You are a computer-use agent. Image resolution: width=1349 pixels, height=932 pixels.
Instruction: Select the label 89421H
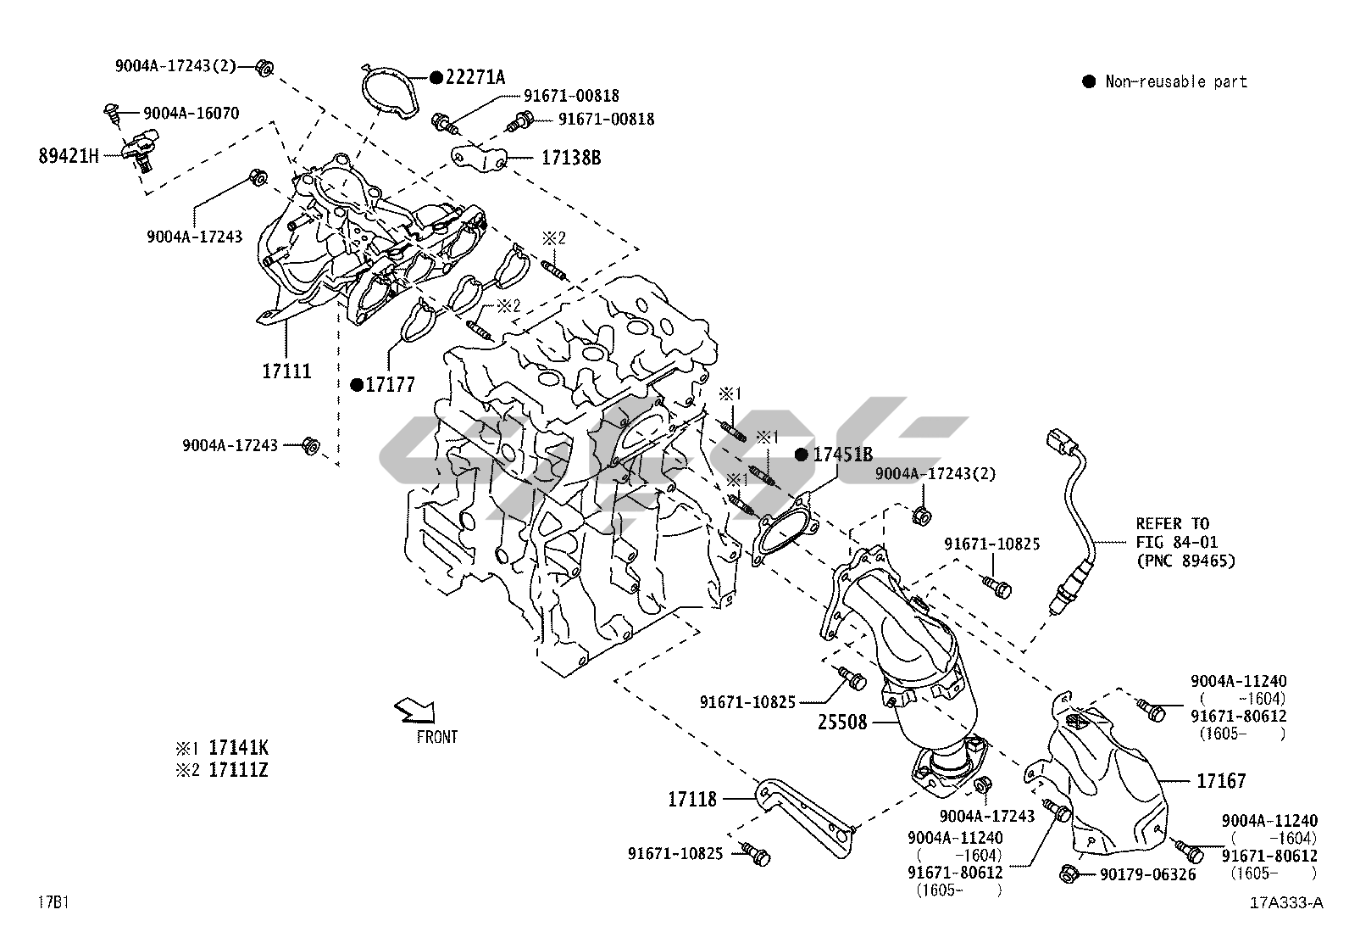point(69,156)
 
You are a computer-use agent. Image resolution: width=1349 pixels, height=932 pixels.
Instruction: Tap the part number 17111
point(286,371)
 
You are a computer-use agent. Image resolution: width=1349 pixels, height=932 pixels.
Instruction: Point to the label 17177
point(391,385)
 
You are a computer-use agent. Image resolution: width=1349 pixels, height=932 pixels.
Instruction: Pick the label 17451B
point(842,455)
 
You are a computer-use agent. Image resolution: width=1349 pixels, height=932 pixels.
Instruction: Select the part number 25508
point(842,723)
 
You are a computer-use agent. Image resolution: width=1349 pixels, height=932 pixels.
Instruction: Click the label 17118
point(692,798)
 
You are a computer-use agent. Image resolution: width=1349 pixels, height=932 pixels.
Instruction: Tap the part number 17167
point(1221,780)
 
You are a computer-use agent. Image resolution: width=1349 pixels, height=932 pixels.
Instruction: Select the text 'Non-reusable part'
point(1176,81)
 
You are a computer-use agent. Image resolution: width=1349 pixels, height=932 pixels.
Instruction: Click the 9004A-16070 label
point(191,113)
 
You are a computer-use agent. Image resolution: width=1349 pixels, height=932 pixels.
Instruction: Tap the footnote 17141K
point(238,748)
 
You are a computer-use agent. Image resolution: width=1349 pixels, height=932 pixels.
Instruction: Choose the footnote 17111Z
point(238,771)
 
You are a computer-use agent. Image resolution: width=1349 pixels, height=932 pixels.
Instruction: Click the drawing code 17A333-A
point(1285,902)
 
